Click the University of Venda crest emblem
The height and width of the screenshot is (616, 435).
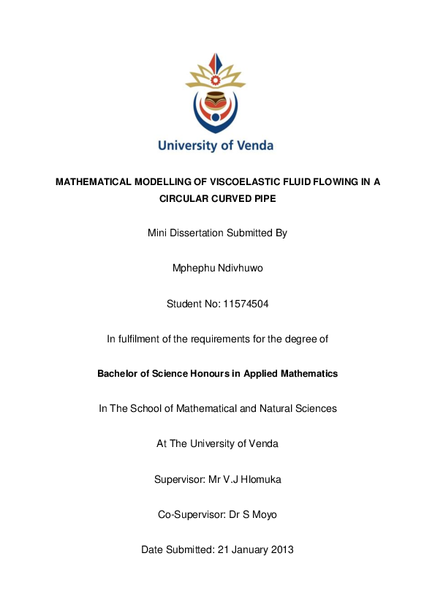pyautogui.click(x=216, y=92)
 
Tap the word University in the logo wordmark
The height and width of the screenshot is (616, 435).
pyautogui.click(x=186, y=145)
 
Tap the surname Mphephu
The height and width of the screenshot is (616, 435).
pyautogui.click(x=194, y=268)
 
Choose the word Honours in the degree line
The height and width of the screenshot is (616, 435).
pyautogui.click(x=211, y=373)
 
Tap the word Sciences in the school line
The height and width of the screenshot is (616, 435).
pyautogui.click(x=316, y=408)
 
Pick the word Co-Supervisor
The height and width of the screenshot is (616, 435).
pyautogui.click(x=189, y=514)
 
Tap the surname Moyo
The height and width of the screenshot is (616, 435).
pyautogui.click(x=264, y=514)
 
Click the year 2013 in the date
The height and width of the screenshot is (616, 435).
pyautogui.click(x=282, y=549)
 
